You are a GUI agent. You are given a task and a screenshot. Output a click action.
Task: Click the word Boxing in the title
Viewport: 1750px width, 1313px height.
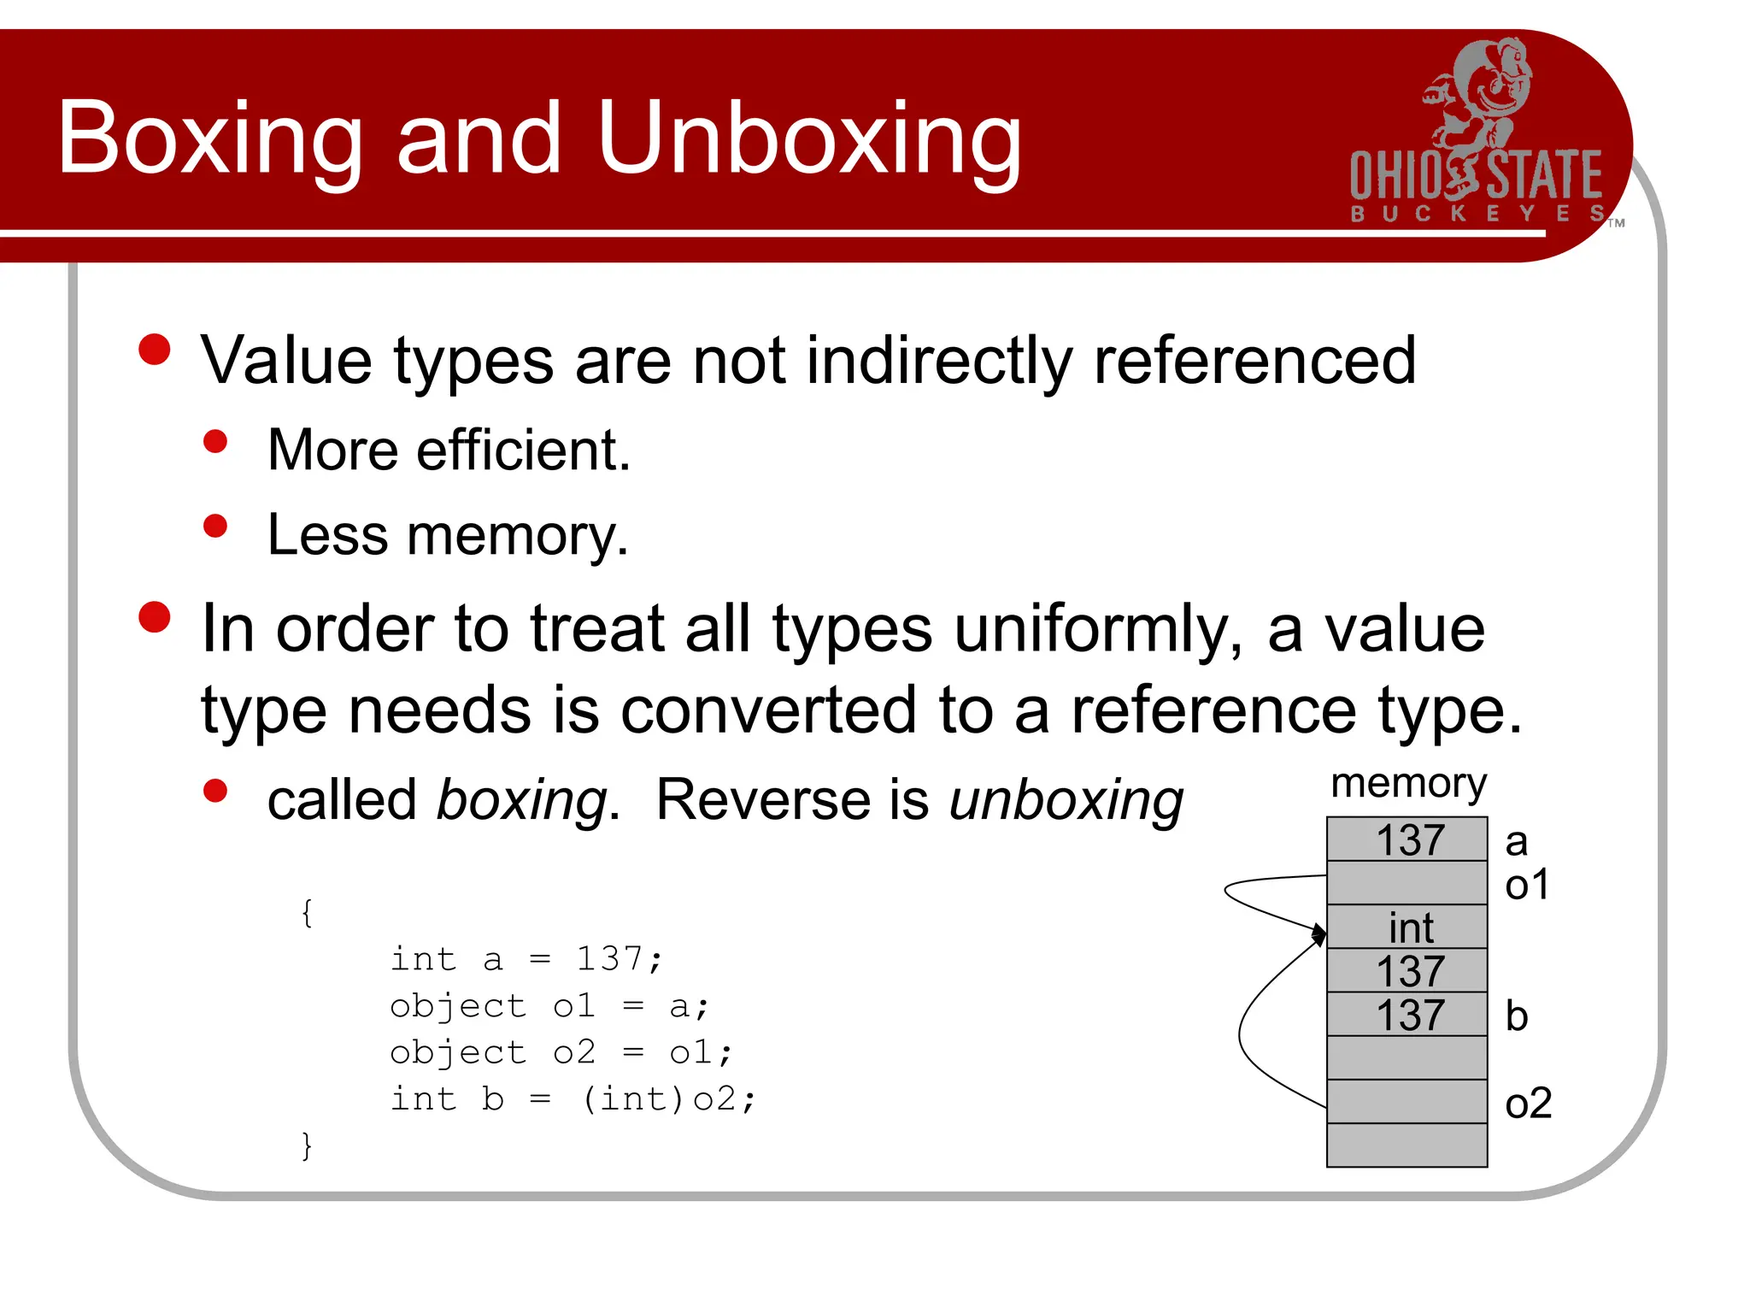tap(210, 139)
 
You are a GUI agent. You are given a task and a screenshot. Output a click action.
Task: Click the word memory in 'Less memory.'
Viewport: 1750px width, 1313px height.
tap(517, 536)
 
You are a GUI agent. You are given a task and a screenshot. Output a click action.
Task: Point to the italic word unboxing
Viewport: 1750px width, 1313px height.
tap(1066, 801)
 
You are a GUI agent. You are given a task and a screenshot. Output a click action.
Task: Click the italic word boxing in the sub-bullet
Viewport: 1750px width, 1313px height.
tap(522, 801)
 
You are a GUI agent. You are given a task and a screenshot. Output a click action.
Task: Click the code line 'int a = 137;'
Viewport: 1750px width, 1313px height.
tap(526, 959)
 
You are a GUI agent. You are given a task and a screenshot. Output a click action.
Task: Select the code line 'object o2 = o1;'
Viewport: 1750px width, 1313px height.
tap(561, 1052)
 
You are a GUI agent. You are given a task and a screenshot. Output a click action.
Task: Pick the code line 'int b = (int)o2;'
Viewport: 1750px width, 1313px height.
tap(573, 1099)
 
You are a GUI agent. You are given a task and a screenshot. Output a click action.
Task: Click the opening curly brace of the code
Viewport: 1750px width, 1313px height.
tap(307, 913)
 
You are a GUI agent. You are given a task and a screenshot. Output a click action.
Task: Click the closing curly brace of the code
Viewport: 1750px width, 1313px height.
tap(307, 1145)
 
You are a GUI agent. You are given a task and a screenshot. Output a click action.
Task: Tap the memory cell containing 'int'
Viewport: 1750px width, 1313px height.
tap(1406, 927)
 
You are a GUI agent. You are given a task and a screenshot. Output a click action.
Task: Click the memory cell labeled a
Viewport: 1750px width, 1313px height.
tap(1406, 839)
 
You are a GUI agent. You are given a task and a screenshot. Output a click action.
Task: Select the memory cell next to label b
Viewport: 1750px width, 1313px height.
tap(1406, 1015)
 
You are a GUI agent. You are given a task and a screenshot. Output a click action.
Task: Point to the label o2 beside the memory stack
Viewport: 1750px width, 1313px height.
tap(1528, 1104)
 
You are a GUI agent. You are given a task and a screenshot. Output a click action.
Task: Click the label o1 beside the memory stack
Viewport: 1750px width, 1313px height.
tap(1526, 885)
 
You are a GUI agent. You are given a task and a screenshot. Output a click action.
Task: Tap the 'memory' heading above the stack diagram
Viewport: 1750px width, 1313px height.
tap(1408, 784)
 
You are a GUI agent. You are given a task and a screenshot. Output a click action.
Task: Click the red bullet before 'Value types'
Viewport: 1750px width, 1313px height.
tap(155, 350)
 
